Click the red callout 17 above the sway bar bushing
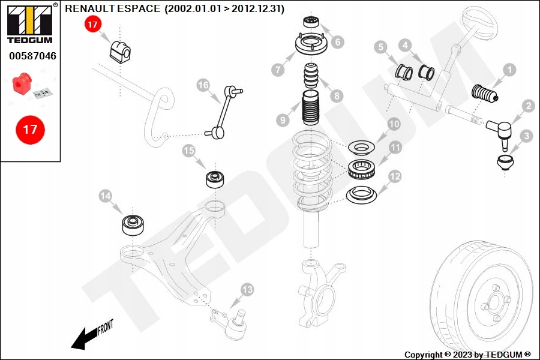pyautogui.click(x=93, y=25)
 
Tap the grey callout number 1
pyautogui.click(x=509, y=70)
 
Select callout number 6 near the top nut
pyautogui.click(x=337, y=42)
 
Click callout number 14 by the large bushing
pyautogui.click(x=106, y=196)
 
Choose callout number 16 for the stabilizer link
pyautogui.click(x=203, y=85)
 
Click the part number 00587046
pyautogui.click(x=32, y=56)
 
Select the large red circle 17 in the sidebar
pyautogui.click(x=30, y=129)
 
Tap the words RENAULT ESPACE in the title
pyautogui.click(x=113, y=9)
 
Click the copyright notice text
pyautogui.click(x=467, y=355)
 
